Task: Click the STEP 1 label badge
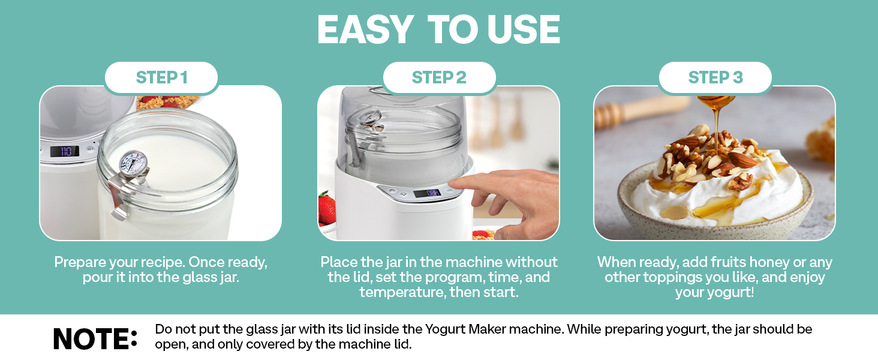pyautogui.click(x=161, y=77)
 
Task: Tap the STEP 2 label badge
pyautogui.click(x=439, y=77)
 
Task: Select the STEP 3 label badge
pyautogui.click(x=715, y=77)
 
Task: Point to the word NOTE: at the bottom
pyautogui.click(x=95, y=339)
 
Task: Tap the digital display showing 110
pyautogui.click(x=64, y=151)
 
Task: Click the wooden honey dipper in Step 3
pyautogui.click(x=624, y=111)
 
